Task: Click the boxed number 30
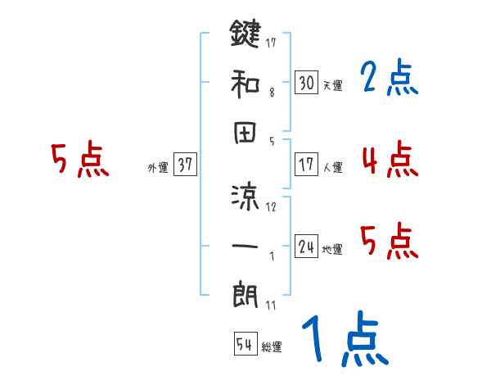click(306, 82)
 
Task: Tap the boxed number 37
click(185, 165)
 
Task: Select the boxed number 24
click(306, 247)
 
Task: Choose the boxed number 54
click(245, 344)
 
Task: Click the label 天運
click(331, 85)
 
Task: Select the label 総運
click(271, 347)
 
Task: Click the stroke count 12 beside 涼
click(272, 206)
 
